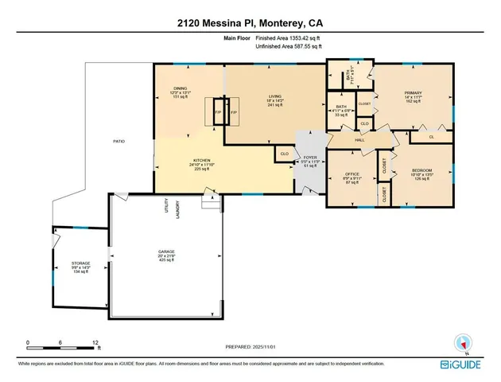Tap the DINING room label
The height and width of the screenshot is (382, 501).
tap(180, 88)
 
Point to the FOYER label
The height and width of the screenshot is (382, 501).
tap(310, 158)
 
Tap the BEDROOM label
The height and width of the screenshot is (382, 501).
tap(421, 170)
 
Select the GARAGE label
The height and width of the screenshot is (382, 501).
tap(165, 251)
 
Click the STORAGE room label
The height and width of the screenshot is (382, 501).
tap(80, 263)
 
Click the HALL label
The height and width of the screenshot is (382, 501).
tap(359, 140)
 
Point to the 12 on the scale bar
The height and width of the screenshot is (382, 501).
tap(95, 341)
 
